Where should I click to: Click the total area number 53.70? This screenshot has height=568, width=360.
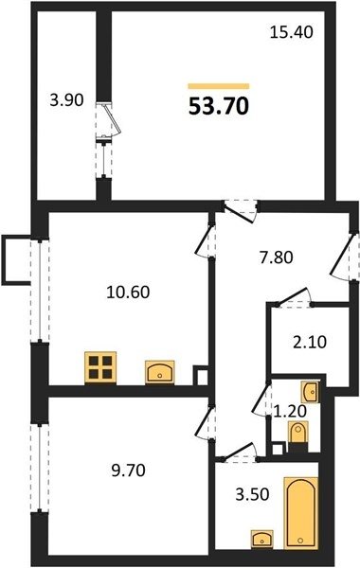pyautogui.click(x=219, y=106)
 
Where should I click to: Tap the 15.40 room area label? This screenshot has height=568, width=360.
pyautogui.click(x=292, y=32)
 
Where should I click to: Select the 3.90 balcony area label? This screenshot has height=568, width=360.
pyautogui.click(x=66, y=99)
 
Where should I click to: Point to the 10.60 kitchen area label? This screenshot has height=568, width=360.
pyautogui.click(x=128, y=292)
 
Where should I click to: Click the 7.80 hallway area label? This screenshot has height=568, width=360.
pyautogui.click(x=277, y=257)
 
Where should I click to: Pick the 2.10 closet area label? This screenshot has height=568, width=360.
pyautogui.click(x=310, y=342)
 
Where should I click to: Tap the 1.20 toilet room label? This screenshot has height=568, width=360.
pyautogui.click(x=290, y=411)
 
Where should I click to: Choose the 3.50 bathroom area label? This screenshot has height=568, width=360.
pyautogui.click(x=252, y=494)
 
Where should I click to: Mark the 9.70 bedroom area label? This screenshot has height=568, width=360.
pyautogui.click(x=128, y=470)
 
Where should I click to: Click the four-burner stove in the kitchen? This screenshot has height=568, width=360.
pyautogui.click(x=100, y=367)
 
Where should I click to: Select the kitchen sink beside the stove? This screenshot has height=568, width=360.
pyautogui.click(x=160, y=372)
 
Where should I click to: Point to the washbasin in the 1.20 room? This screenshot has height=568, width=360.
pyautogui.click(x=311, y=391)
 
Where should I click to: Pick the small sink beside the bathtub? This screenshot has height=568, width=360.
pyautogui.click(x=262, y=539)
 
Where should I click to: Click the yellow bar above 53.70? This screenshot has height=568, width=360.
pyautogui.click(x=219, y=86)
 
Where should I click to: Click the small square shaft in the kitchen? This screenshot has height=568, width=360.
pyautogui.click(x=201, y=376)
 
